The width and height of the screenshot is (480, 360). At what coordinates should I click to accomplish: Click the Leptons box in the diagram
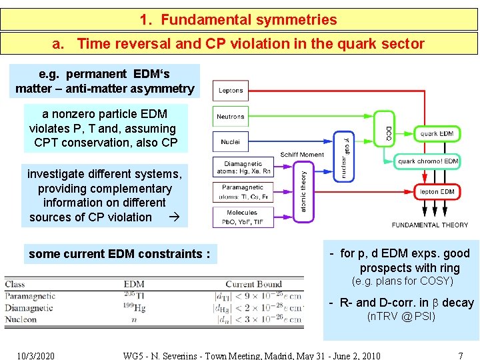231,91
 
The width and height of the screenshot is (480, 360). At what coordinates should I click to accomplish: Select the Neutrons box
231,117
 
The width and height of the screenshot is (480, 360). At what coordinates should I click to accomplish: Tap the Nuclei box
231,142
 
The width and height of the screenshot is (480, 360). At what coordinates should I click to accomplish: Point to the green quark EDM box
437,133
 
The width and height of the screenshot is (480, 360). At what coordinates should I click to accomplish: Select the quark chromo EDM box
428,161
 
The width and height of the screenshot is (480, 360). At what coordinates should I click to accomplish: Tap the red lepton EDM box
437,192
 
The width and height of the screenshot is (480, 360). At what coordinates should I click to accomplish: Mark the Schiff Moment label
303,155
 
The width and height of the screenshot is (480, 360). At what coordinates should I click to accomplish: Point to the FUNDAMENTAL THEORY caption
430,225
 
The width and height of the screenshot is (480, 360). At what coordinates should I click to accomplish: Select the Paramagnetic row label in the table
30,296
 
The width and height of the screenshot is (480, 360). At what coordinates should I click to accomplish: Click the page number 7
461,355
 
